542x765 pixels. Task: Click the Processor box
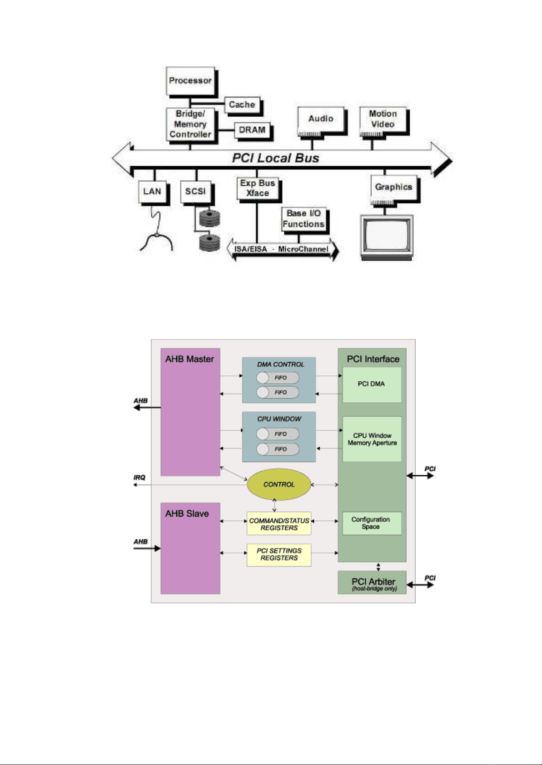pos(190,81)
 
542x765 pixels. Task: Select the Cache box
pos(242,105)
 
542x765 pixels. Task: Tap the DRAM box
pos(252,130)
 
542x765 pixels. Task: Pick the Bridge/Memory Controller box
pos(190,124)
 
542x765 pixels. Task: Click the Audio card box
pos(321,119)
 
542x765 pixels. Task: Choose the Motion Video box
pos(383,119)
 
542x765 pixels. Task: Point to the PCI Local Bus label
pos(275,158)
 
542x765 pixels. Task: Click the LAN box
pos(152,192)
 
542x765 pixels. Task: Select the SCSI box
pos(195,192)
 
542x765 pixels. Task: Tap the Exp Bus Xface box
pos(258,188)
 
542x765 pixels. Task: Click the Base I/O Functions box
pos(303,219)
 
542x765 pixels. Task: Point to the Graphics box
pos(393,187)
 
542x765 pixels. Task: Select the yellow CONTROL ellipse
pos(279,484)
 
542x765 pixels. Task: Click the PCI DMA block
pos(372,384)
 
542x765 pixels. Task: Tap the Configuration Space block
pos(371,523)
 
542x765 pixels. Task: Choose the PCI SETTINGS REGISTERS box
pos(279,554)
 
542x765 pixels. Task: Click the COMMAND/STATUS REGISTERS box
pos(279,524)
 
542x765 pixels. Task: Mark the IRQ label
pos(139,478)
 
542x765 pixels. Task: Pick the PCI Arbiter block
pos(373,582)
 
